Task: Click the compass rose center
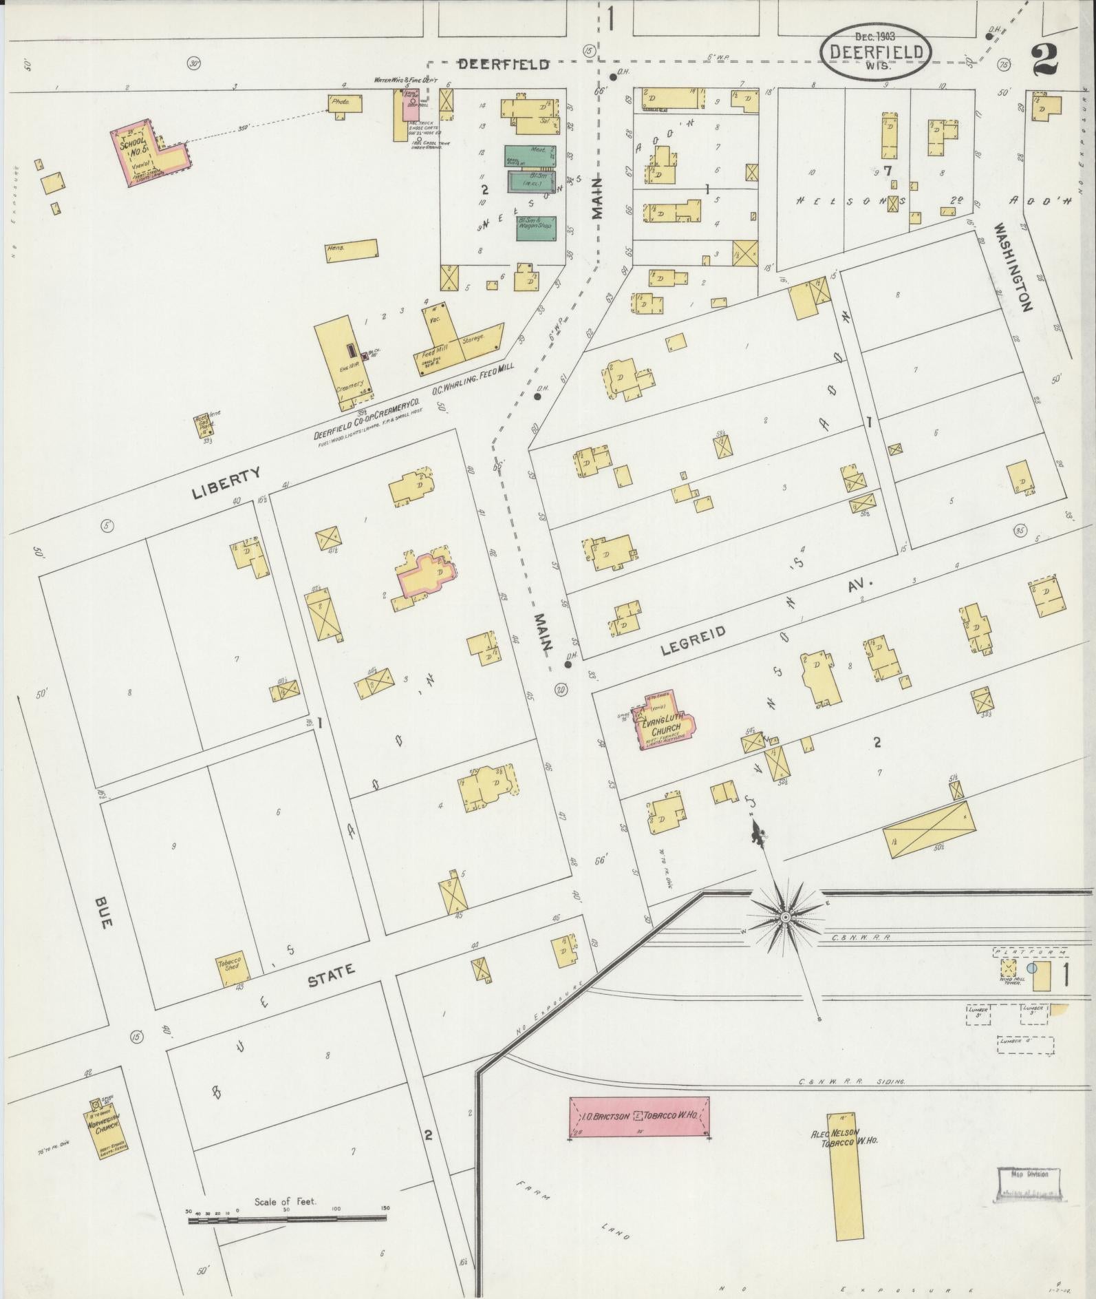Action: coord(785,918)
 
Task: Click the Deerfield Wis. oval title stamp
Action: coord(876,52)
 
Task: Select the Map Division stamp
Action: coord(1029,1184)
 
